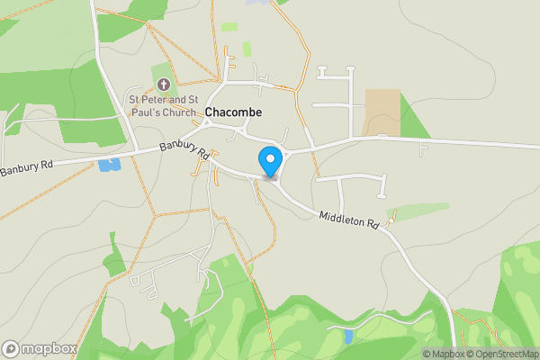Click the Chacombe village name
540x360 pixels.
pos(233,112)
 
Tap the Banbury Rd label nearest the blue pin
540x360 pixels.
pos(184,148)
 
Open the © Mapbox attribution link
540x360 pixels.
pos(442,354)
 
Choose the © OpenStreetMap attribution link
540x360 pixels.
pos(501,354)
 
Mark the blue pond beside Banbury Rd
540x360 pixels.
pos(110,165)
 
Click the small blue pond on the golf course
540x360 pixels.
pos(347,337)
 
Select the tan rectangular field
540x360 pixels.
pos(382,112)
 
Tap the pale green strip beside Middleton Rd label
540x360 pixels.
pos(418,211)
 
